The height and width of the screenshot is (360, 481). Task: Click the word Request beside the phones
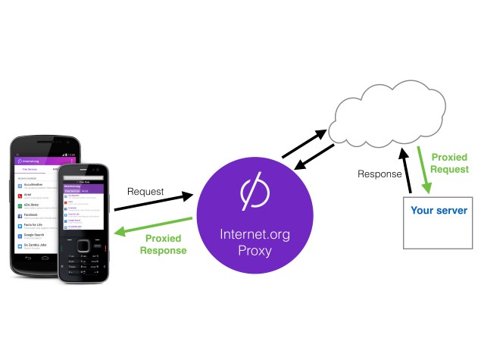point(146,192)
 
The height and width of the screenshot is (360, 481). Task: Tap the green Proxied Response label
point(166,244)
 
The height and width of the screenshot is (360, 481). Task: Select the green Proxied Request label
point(449,163)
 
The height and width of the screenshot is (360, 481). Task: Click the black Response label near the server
point(379,174)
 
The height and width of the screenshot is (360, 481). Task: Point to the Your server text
point(439,209)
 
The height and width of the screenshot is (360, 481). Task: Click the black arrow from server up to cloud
point(407,171)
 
